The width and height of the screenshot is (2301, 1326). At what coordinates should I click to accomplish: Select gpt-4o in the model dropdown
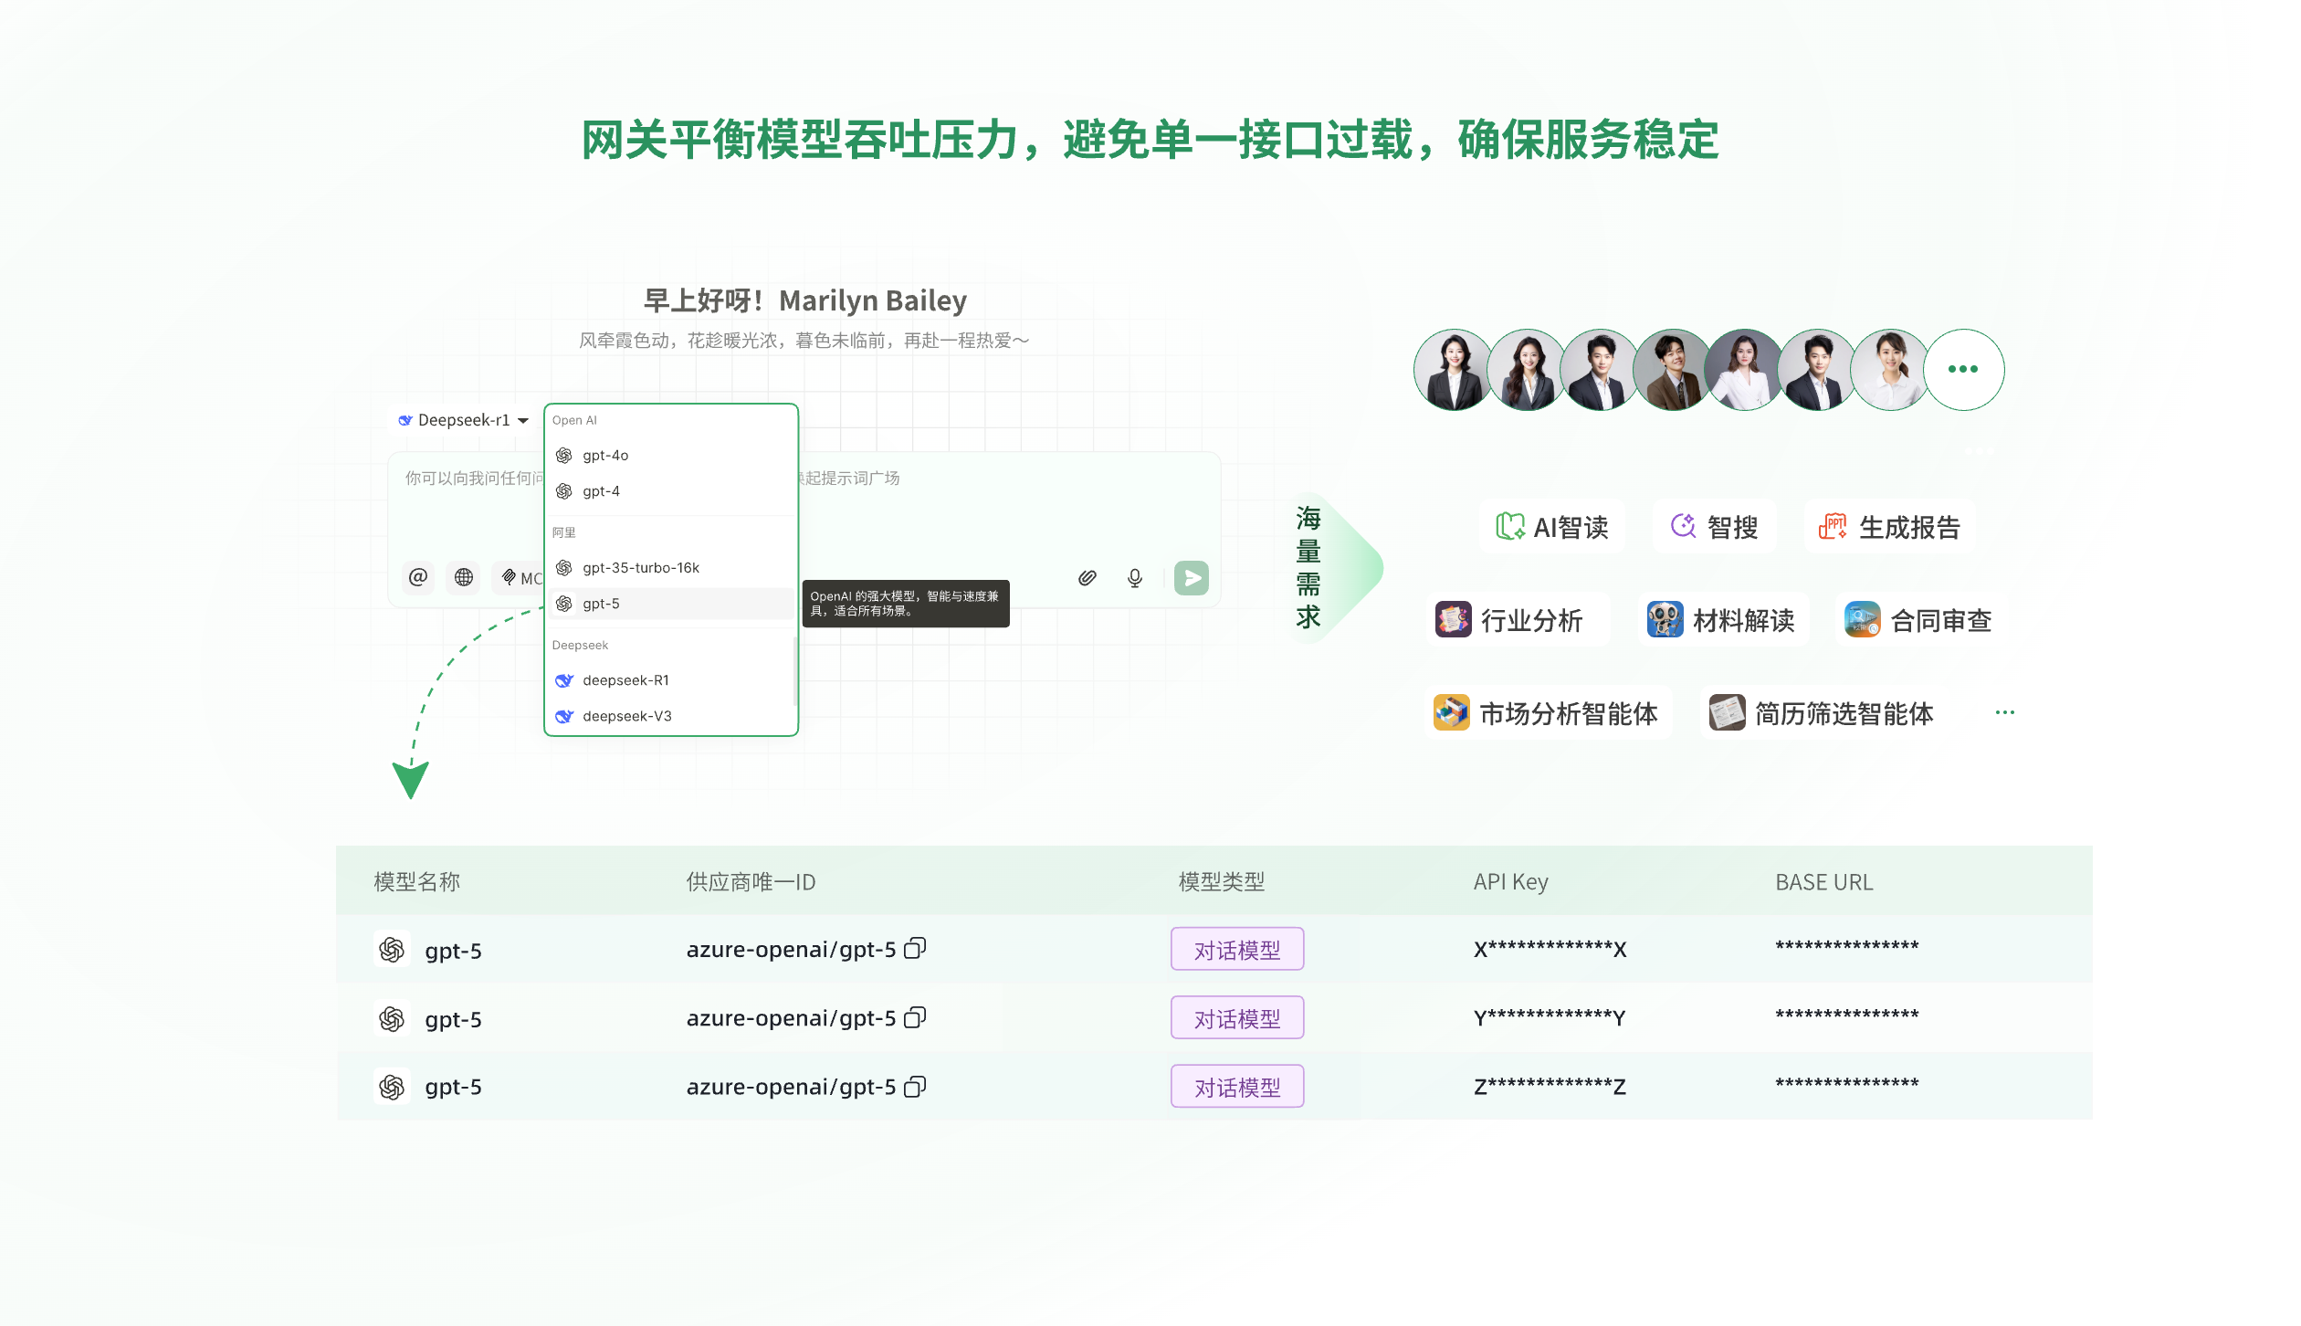pyautogui.click(x=605, y=455)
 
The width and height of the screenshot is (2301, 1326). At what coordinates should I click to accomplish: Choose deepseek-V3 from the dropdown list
pyautogui.click(x=626, y=716)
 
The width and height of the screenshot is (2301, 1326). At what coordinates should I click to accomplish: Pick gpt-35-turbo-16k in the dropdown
pyautogui.click(x=640, y=567)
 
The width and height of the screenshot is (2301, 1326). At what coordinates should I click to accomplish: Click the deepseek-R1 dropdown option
pyautogui.click(x=625, y=680)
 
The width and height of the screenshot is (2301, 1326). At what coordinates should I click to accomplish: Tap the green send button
pyautogui.click(x=1191, y=577)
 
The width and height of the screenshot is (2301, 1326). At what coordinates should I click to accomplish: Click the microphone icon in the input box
pyautogui.click(x=1134, y=577)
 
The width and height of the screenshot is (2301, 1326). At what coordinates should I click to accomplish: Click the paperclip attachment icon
pyautogui.click(x=1087, y=577)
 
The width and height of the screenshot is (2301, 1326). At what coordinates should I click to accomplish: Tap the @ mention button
pyautogui.click(x=418, y=577)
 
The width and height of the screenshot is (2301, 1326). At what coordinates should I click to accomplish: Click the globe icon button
pyautogui.click(x=464, y=577)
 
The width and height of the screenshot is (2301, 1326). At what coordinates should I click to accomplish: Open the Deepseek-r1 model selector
pyautogui.click(x=464, y=420)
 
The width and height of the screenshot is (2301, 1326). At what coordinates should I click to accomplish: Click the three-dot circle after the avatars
pyautogui.click(x=1963, y=369)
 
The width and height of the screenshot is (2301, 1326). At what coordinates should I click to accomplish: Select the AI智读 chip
pyautogui.click(x=1552, y=527)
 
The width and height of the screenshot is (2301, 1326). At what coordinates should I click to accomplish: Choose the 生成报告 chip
pyautogui.click(x=1890, y=527)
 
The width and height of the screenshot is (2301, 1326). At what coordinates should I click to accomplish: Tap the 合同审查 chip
pyautogui.click(x=1917, y=620)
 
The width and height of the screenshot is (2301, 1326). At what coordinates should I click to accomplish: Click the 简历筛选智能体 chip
pyautogui.click(x=1822, y=713)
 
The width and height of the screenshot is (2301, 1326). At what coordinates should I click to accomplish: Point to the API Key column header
pyautogui.click(x=1510, y=882)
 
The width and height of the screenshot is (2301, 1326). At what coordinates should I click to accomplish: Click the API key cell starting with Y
pyautogui.click(x=1550, y=1017)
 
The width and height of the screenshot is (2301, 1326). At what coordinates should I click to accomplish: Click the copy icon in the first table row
pyautogui.click(x=915, y=949)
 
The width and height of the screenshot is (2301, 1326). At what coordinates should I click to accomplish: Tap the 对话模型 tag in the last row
pyautogui.click(x=1237, y=1087)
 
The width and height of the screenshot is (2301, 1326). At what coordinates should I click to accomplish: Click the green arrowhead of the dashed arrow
pyautogui.click(x=410, y=780)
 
